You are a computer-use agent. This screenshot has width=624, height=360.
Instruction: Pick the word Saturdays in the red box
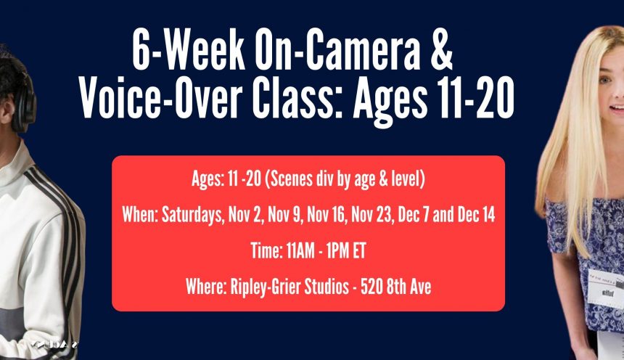[x=192, y=215]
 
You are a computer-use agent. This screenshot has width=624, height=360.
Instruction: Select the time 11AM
[x=300, y=251]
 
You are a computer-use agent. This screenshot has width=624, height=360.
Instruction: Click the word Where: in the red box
[x=206, y=287]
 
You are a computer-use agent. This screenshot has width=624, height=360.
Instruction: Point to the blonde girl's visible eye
[x=605, y=81]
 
